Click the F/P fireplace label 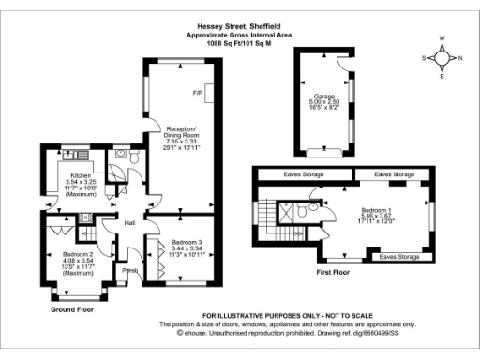198,94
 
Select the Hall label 132,223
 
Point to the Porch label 132,271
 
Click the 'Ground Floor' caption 72,308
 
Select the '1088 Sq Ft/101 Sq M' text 239,43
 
